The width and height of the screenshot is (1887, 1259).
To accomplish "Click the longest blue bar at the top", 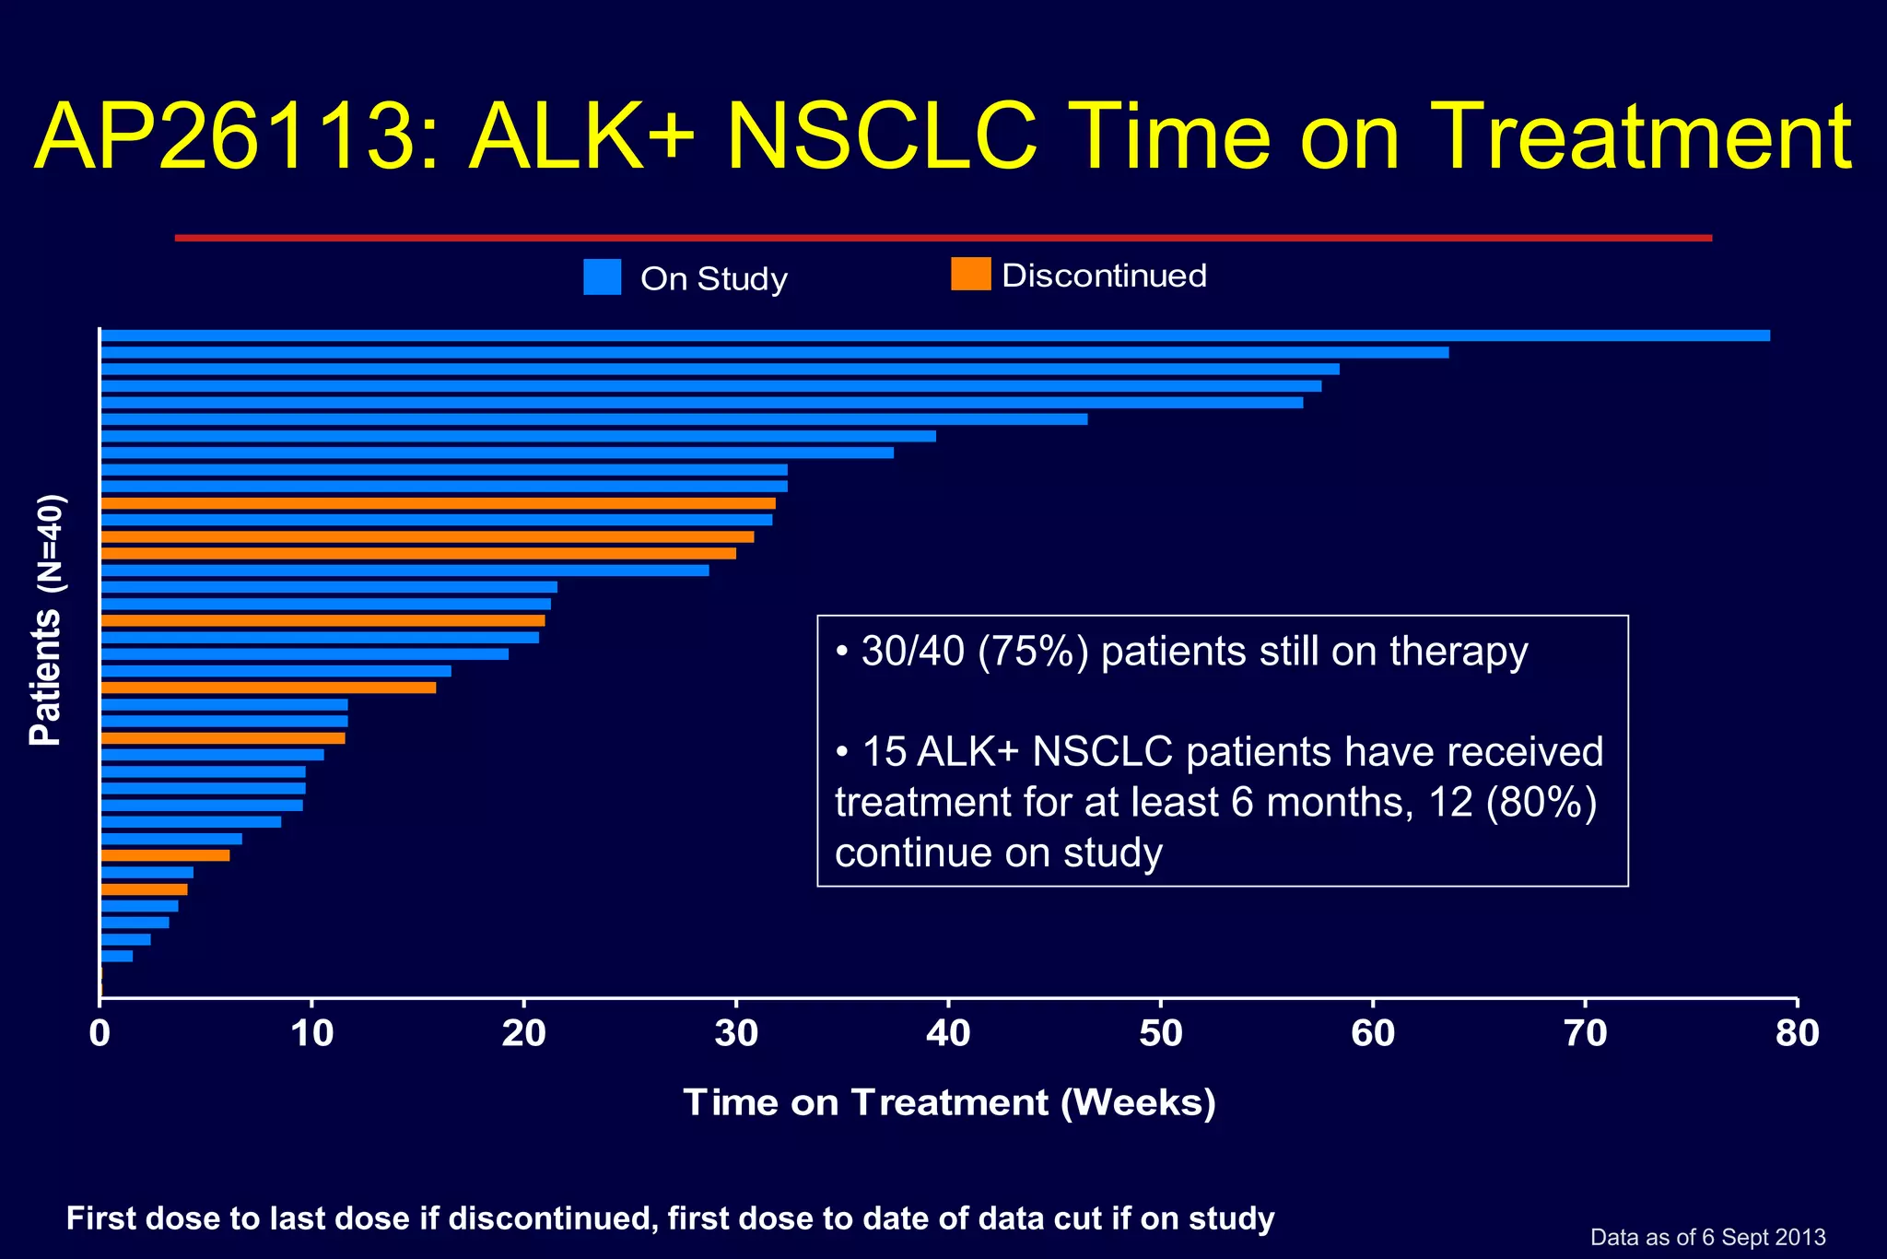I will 934,335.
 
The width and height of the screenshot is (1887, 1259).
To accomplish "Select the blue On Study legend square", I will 602,277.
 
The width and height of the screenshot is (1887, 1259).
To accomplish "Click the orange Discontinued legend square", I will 970,274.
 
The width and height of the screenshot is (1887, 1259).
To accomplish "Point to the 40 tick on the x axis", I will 948,1003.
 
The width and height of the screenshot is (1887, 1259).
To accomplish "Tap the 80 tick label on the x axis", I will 1797,1033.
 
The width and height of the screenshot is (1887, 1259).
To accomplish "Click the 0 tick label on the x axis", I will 100,1033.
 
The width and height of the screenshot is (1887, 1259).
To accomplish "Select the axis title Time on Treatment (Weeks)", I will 949,1102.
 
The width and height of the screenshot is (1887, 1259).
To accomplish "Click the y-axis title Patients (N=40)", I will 46,619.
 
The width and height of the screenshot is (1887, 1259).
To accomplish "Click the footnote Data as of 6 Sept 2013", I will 1707,1237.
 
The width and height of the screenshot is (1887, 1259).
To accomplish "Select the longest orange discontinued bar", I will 438,503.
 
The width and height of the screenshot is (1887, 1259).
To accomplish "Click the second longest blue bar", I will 774,352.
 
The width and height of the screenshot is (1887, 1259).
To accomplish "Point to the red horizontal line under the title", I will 943,238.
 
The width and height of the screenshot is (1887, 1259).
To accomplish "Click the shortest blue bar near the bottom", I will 116,956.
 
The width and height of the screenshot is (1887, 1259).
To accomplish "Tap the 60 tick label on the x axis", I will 1372,1033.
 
